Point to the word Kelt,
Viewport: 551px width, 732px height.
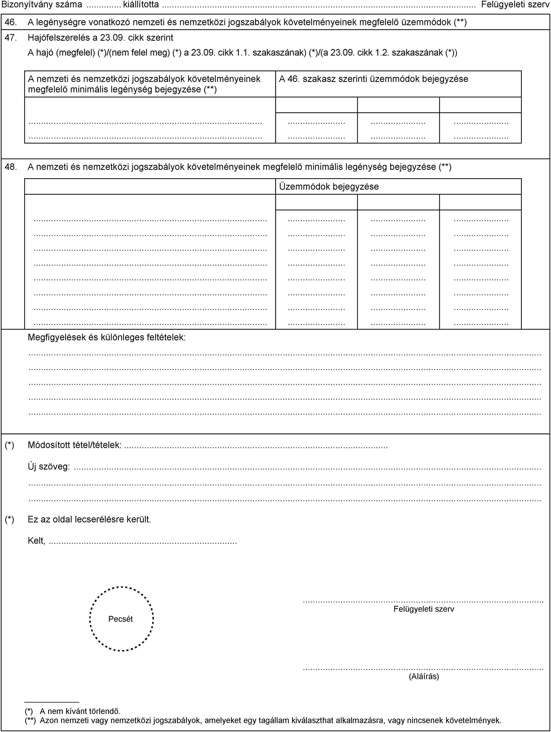[x=36, y=541]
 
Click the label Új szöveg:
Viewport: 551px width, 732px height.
[x=49, y=467]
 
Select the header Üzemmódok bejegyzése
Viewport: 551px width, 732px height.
[x=329, y=187]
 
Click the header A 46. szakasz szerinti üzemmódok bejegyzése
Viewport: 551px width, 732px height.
[x=373, y=79]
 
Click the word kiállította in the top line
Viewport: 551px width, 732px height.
[x=141, y=5]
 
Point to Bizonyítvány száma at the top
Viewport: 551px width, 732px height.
[x=42, y=5]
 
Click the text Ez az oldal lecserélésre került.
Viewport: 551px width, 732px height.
[x=89, y=519]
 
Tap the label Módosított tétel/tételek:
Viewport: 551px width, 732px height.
[x=74, y=445]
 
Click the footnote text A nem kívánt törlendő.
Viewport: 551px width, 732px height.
[x=80, y=711]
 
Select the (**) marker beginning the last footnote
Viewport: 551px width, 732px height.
[x=30, y=720]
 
